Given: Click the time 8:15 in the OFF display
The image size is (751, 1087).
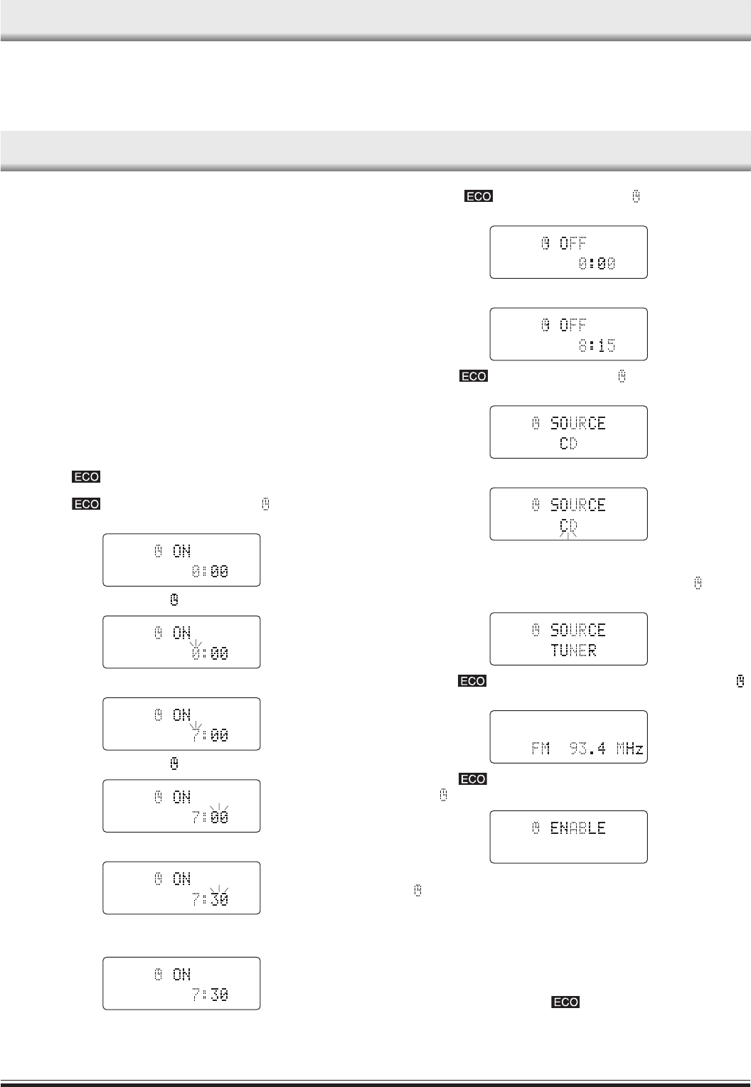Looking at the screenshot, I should coord(597,346).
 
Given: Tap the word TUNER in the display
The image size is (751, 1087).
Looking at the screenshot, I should coord(573,650).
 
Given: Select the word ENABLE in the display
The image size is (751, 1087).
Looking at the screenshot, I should coord(577,828).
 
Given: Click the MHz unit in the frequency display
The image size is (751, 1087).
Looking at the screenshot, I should coord(629,749).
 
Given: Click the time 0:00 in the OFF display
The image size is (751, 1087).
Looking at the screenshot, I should coord(597,264).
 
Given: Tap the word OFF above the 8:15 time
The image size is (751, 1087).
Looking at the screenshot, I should coord(573,325).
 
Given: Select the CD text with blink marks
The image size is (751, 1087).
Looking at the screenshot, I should coord(568,526).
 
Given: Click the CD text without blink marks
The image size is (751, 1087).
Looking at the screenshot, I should coord(568,444).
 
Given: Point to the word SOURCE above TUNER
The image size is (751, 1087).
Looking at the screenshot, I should coord(577,630).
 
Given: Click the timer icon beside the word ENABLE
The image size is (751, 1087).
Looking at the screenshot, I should coord(537,828).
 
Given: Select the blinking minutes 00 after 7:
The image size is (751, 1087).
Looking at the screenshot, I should coord(220,818).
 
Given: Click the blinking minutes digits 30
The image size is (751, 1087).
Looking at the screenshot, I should coord(220,899).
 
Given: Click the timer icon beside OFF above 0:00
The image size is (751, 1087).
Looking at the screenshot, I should coord(545,244).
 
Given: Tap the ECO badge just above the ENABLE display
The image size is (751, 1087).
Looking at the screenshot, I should coord(473,780).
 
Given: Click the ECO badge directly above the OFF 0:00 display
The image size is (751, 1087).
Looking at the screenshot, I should coord(479,196).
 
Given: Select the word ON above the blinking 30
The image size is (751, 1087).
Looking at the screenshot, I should coord(182,879).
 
